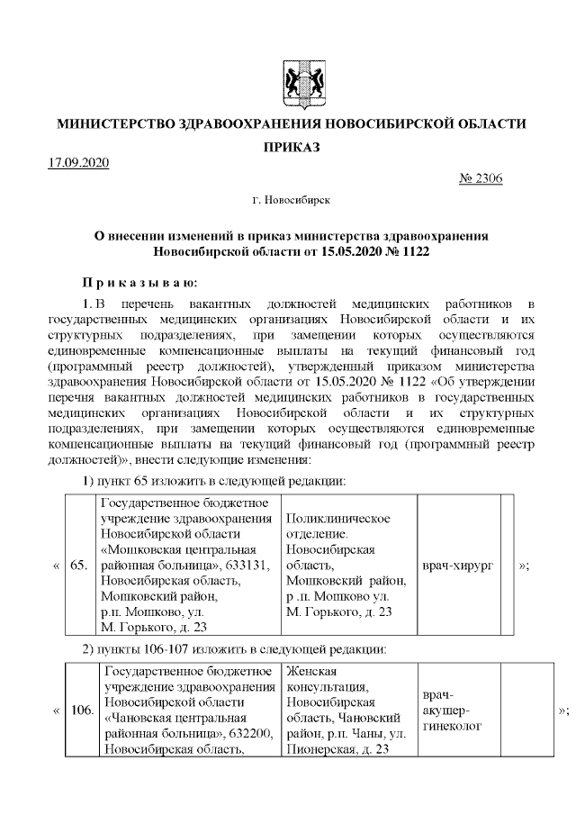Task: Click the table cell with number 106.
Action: (82, 710)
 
